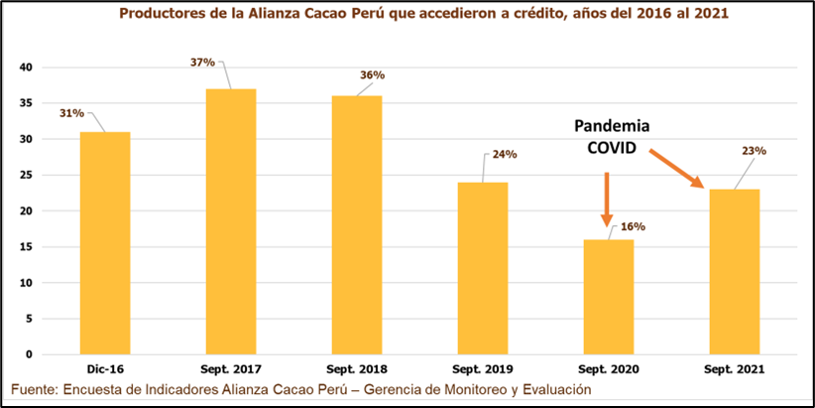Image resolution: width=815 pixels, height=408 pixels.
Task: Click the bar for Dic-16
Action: tap(104, 243)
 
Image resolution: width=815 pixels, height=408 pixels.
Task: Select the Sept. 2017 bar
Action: tap(231, 221)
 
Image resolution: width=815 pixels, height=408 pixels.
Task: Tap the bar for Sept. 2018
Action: tap(356, 225)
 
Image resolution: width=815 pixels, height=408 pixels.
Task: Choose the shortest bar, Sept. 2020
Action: tap(608, 297)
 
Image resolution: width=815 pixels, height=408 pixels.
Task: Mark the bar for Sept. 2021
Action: tap(734, 271)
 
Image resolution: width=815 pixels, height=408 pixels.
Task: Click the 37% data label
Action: tap(203, 62)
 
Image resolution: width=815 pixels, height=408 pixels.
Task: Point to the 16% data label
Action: tap(633, 226)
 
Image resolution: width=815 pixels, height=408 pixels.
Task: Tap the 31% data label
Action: tap(71, 112)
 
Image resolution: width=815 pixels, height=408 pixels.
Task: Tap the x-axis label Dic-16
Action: tap(104, 368)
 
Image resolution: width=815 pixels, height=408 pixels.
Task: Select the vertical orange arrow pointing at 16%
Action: tap(607, 199)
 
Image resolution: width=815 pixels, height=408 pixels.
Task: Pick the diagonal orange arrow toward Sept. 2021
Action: tap(676, 168)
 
